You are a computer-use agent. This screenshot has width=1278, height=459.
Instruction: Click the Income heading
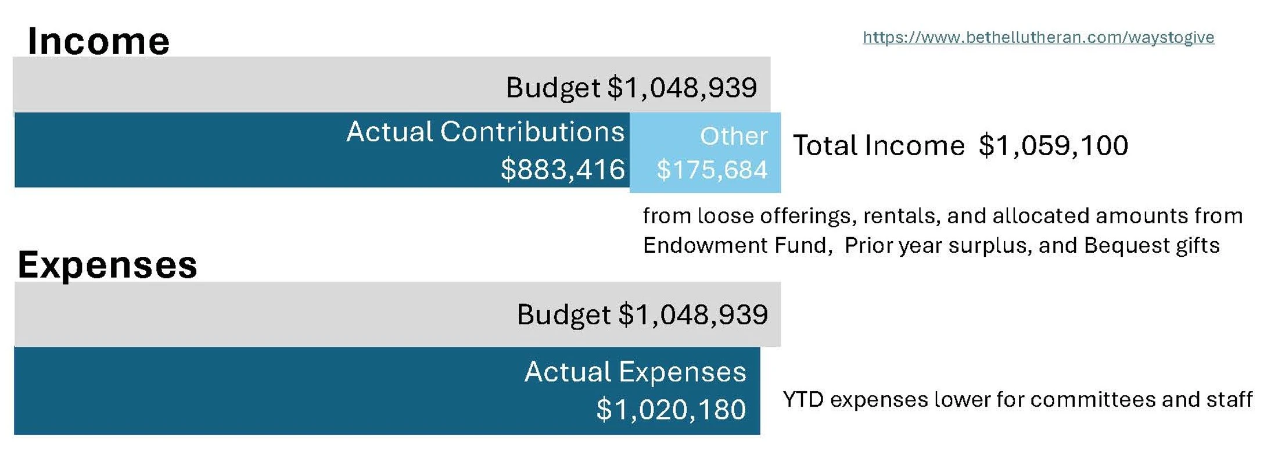click(99, 41)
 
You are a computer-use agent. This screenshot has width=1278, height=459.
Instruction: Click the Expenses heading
click(107, 266)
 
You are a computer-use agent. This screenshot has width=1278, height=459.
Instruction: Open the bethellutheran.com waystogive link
click(1038, 38)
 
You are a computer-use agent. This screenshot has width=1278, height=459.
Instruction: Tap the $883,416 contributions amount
click(562, 170)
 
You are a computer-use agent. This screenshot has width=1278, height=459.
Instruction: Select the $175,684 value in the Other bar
click(712, 170)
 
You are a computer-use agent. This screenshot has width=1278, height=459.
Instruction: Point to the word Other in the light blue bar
click(734, 136)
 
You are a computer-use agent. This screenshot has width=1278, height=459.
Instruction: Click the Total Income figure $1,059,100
click(1053, 145)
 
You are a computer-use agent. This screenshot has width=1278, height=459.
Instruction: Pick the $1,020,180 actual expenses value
click(671, 410)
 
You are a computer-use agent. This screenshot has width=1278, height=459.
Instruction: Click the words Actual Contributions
click(485, 132)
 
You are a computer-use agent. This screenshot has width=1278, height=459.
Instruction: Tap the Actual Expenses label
click(635, 372)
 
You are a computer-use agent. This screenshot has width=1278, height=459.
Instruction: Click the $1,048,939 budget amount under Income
click(682, 88)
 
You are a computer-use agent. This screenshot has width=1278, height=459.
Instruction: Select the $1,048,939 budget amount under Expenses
click(693, 315)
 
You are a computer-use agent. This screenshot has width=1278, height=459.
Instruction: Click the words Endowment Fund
click(735, 246)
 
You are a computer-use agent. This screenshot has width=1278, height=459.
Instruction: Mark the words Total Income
click(879, 145)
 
